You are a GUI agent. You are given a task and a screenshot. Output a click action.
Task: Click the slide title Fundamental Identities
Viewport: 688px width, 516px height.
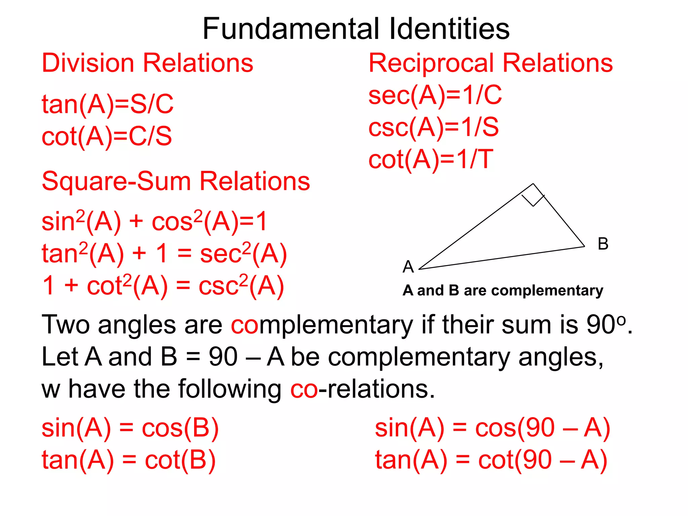tap(356, 29)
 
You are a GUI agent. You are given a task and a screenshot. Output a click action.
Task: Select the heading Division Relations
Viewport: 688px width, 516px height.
tap(147, 63)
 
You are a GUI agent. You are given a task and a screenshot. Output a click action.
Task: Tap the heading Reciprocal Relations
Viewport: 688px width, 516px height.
tap(490, 63)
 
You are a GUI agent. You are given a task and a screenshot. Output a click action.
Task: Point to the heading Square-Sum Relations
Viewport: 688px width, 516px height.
tap(176, 181)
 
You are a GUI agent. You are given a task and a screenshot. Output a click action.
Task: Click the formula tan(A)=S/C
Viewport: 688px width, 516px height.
tap(107, 104)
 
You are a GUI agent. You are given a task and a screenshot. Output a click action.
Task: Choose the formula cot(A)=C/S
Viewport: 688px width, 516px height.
tap(106, 136)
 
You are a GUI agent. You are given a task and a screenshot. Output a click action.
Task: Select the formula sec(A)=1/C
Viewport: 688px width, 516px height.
tap(435, 95)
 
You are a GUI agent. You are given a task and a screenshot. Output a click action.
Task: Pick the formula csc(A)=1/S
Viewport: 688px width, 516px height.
tap(433, 128)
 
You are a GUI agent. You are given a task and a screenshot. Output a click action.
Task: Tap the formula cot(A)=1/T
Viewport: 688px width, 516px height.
tap(431, 160)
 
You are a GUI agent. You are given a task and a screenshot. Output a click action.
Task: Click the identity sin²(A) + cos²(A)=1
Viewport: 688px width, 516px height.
tap(154, 221)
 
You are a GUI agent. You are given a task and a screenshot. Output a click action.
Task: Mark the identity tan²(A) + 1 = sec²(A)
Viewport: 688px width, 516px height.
tap(164, 253)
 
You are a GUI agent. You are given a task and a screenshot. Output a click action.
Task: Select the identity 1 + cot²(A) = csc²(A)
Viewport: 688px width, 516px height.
tap(163, 286)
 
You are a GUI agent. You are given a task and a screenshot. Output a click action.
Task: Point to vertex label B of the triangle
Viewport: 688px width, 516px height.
tap(603, 244)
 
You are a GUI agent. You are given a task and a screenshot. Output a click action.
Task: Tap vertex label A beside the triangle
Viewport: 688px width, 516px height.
tap(408, 267)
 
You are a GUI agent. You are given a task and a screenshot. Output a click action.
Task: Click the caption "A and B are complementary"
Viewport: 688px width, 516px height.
tap(503, 291)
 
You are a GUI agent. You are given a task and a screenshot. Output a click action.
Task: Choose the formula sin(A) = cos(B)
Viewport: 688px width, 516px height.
tap(130, 428)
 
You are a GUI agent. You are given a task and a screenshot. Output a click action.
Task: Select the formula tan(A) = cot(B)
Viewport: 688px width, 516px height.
tap(129, 460)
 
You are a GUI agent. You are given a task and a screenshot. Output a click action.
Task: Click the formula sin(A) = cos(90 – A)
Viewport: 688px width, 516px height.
tap(492, 428)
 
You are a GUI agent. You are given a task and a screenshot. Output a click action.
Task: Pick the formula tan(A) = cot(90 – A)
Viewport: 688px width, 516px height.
tap(491, 460)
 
